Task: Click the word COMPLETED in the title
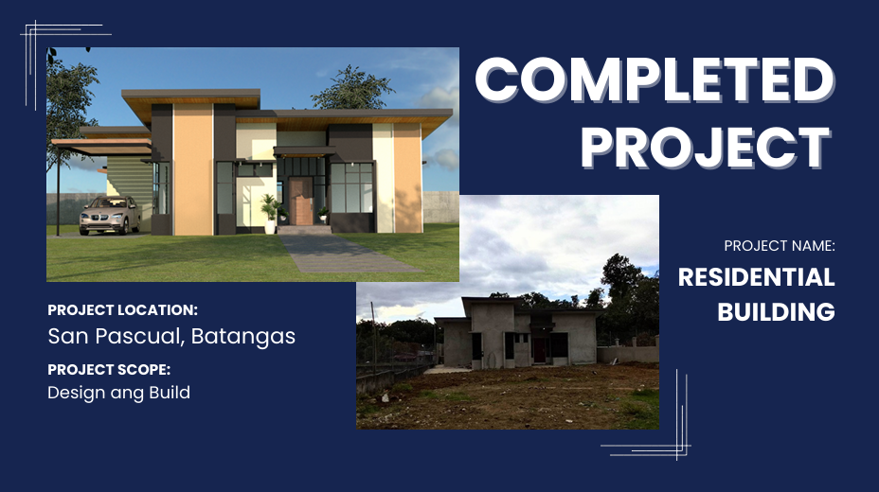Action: tap(655, 80)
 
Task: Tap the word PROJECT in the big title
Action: tap(706, 148)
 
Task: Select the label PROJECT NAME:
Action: tap(780, 246)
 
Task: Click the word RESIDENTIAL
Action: tap(756, 277)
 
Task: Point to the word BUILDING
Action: tap(776, 312)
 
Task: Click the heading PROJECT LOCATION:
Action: tap(123, 310)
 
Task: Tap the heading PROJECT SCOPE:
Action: tap(109, 370)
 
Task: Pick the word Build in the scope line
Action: tap(170, 393)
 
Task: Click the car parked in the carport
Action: tap(110, 215)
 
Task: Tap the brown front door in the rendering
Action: tap(301, 201)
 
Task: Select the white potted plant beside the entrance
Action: tap(270, 214)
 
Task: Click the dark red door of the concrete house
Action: tap(539, 350)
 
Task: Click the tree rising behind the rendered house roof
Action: tap(353, 88)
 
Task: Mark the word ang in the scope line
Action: tap(127, 394)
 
